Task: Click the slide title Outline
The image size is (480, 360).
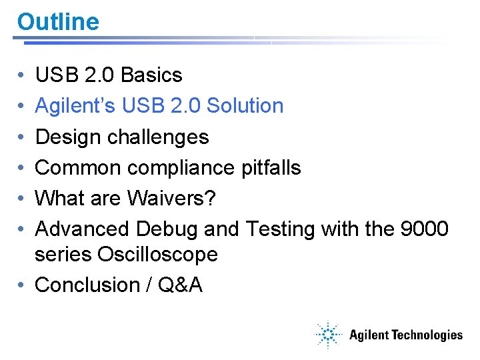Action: tap(58, 22)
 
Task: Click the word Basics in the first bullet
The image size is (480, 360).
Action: tap(151, 75)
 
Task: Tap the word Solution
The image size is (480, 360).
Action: tap(245, 106)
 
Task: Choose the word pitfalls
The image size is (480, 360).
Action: tap(272, 168)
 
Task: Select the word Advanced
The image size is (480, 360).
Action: tap(83, 229)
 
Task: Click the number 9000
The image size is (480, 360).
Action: tap(424, 229)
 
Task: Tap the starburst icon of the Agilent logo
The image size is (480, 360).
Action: tap(328, 334)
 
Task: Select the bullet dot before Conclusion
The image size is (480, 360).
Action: tap(23, 285)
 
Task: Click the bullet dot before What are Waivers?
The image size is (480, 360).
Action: tap(23, 199)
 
